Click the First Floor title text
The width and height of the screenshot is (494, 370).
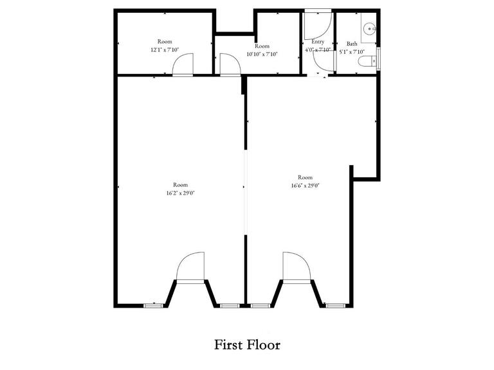247,345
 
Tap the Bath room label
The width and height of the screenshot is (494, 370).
352,44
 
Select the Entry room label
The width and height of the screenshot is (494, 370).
317,42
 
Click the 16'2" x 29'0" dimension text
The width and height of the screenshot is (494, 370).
180,193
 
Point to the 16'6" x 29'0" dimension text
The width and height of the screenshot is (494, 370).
305,185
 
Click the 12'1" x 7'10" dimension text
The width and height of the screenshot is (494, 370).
163,49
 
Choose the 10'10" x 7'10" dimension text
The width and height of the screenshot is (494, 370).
262,54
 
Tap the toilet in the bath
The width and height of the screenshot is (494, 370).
368,62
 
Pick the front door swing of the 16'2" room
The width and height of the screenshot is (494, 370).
191,266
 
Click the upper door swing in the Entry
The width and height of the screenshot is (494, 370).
318,24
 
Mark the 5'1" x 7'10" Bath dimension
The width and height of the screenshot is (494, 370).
352,51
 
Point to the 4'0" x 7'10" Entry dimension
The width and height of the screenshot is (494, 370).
317,49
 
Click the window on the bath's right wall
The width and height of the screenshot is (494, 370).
380,57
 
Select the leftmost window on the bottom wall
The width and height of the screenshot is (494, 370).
152,305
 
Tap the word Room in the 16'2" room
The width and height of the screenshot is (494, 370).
180,184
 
